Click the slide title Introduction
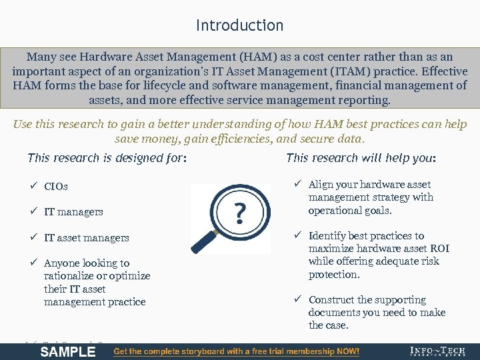[x=239, y=25]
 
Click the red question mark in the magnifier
[x=241, y=213]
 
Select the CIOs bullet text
[x=56, y=187]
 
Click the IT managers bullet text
[x=73, y=212]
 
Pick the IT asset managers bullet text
[x=87, y=238]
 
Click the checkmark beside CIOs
[x=33, y=187]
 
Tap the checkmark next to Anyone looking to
[x=33, y=263]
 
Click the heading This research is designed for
[x=107, y=158]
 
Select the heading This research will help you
[x=361, y=158]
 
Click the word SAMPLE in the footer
[x=68, y=352]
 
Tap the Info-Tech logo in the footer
[x=438, y=351]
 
